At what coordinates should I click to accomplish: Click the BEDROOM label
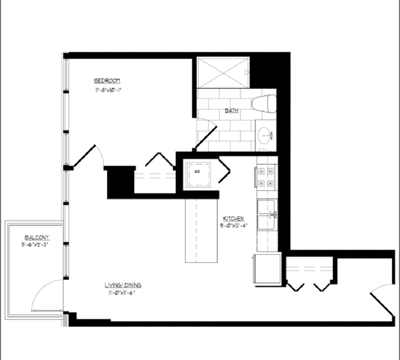pyautogui.click(x=106, y=81)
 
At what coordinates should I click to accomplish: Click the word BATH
pyautogui.click(x=231, y=111)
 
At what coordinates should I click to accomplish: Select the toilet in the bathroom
pyautogui.click(x=265, y=104)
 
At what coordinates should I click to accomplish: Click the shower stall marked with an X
pyautogui.click(x=222, y=72)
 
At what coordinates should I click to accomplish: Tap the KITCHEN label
pyautogui.click(x=233, y=218)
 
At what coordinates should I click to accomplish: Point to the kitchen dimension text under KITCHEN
pyautogui.click(x=233, y=226)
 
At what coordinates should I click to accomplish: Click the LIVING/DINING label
pyautogui.click(x=123, y=285)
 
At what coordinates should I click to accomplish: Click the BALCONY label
pyautogui.click(x=37, y=238)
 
